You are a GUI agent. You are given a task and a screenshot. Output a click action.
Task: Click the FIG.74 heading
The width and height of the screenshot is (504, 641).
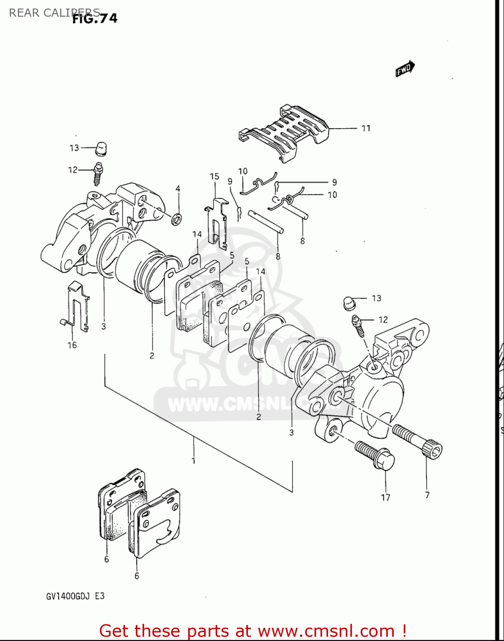tap(94, 19)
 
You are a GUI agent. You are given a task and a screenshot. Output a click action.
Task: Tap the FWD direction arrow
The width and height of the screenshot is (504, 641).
tap(405, 69)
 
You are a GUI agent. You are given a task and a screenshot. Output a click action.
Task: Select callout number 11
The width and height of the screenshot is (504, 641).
tap(366, 128)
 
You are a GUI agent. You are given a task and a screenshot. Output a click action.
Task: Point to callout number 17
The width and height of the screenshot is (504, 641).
tap(385, 497)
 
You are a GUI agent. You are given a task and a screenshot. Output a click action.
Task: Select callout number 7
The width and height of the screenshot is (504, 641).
tap(427, 495)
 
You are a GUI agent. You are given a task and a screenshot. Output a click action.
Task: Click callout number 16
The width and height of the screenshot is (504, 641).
tap(72, 345)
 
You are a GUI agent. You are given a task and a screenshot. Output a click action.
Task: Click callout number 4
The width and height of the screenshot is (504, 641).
tap(178, 189)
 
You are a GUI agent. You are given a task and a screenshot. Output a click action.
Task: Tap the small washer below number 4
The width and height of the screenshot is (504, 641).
tap(177, 219)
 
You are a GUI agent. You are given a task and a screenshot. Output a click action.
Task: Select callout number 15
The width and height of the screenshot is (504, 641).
tap(214, 176)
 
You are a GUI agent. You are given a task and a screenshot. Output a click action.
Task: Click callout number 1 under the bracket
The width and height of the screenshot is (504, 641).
tap(193, 461)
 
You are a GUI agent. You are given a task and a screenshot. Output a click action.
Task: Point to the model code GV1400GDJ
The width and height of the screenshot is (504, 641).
tap(68, 596)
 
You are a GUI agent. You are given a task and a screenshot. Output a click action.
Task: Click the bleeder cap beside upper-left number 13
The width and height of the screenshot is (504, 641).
tap(101, 148)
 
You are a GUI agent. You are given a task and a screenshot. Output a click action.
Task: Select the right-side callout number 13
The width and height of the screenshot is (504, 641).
tap(376, 298)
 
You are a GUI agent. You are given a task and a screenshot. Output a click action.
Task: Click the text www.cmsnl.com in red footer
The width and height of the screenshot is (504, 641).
tap(326, 631)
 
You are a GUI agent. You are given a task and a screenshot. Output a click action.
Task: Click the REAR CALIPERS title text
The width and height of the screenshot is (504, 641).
tap(54, 13)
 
